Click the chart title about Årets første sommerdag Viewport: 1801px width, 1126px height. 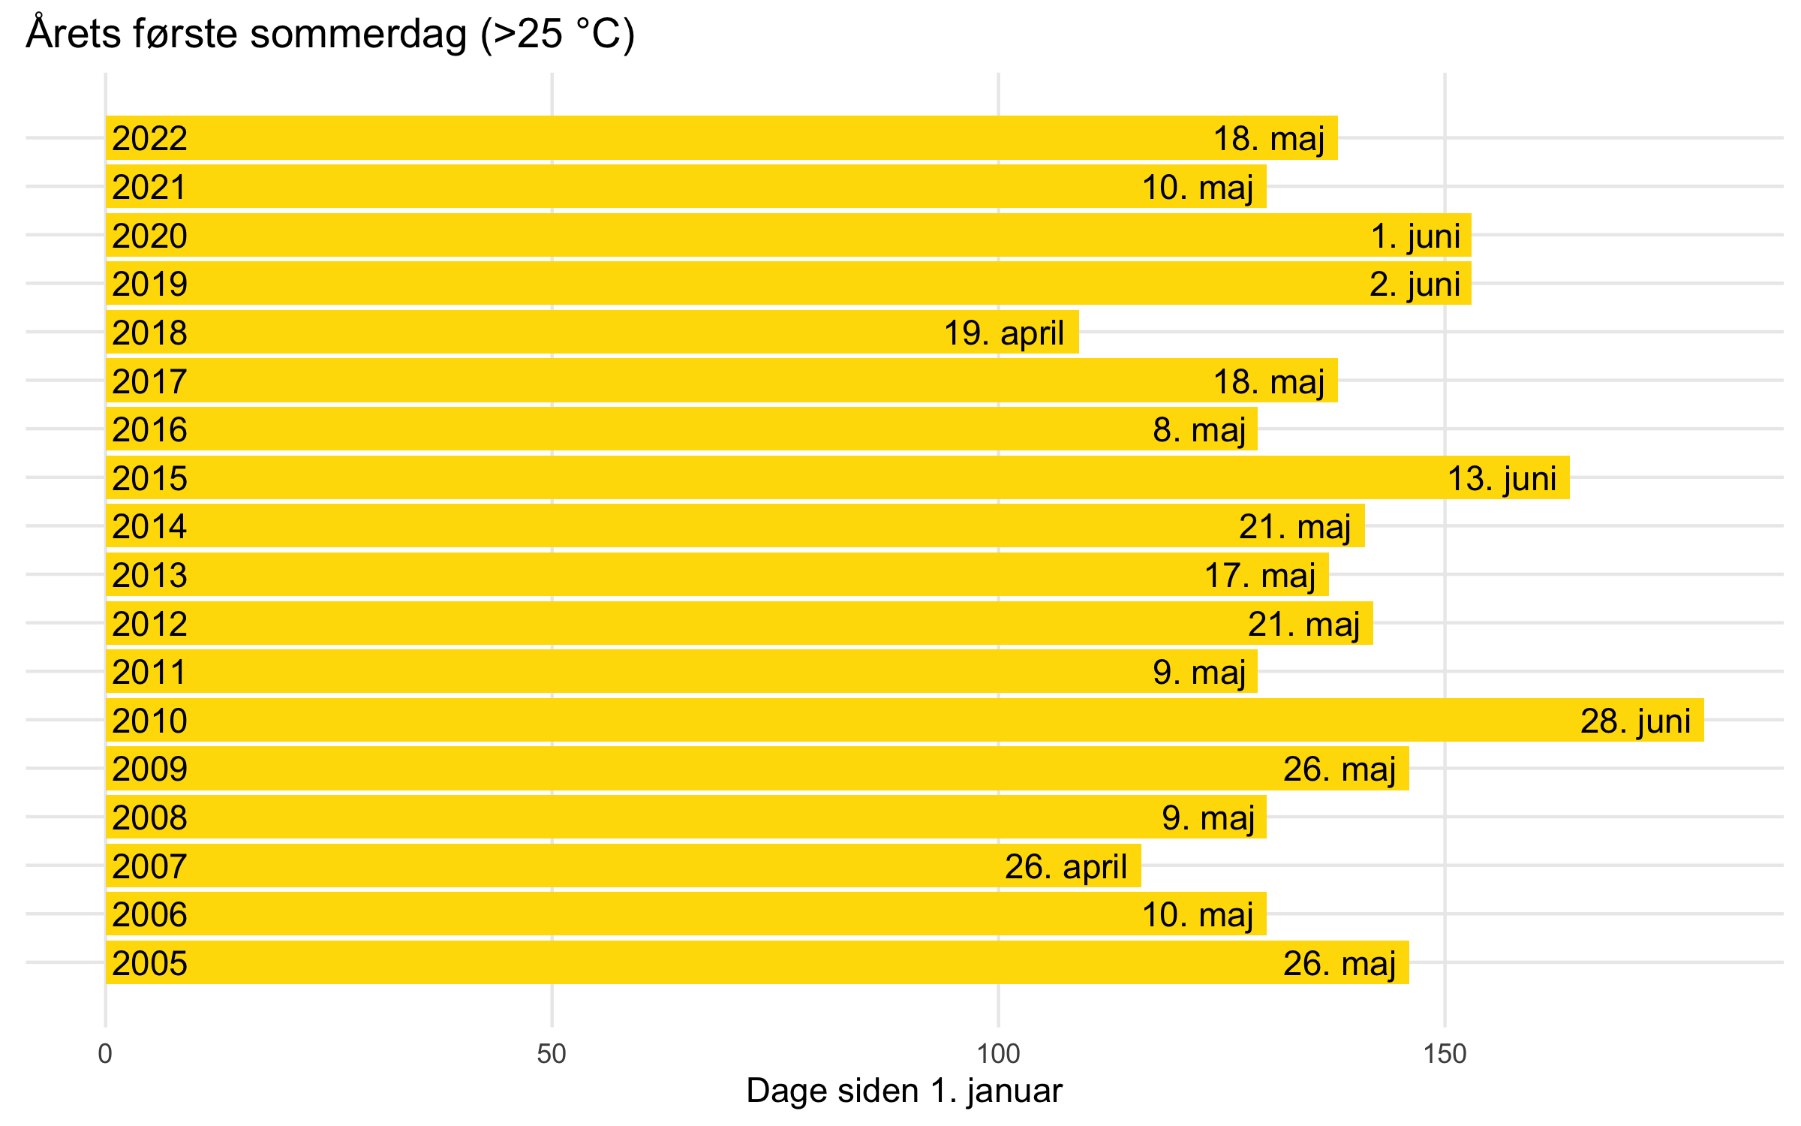pos(330,35)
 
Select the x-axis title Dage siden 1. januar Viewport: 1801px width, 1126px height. pos(904,1091)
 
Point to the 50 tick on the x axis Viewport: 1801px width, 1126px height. pos(552,1055)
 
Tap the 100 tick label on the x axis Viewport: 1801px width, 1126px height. pos(998,1055)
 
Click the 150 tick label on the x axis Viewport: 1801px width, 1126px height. pos(1445,1055)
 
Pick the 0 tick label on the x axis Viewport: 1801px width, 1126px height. pos(105,1055)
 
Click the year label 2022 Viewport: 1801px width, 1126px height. pos(149,139)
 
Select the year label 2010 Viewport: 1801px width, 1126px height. pos(149,721)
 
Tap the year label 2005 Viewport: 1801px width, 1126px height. pos(149,964)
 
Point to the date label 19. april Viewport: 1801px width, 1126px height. pos(1003,333)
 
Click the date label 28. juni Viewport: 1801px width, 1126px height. pos(1635,721)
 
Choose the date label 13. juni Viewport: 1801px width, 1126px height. pos(1502,479)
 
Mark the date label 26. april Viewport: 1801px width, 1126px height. pos(1066,867)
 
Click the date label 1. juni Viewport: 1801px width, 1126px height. pos(1415,236)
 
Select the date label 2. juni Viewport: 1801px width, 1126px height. pos(1415,285)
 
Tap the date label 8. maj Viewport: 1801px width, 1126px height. pos(1199,430)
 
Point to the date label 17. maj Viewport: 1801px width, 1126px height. pos(1260,576)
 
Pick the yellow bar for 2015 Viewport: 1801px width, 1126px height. pos(750,478)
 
